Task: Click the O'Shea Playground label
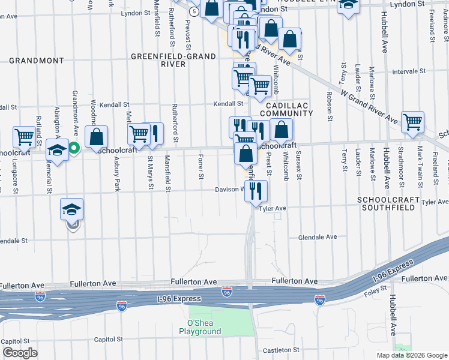[x=200, y=327]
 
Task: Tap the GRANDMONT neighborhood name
[x=36, y=61]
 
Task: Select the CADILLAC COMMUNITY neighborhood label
[x=286, y=109]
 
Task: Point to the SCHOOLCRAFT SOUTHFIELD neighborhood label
[x=386, y=203]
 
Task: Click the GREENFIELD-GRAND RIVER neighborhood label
[x=167, y=60]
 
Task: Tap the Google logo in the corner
[x=20, y=353]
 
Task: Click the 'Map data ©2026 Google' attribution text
[x=412, y=355]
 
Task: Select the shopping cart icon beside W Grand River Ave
[x=413, y=122]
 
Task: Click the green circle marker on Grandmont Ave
[x=74, y=148]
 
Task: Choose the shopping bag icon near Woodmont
[x=97, y=136]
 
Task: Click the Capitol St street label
[x=108, y=339]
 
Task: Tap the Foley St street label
[x=376, y=293]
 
